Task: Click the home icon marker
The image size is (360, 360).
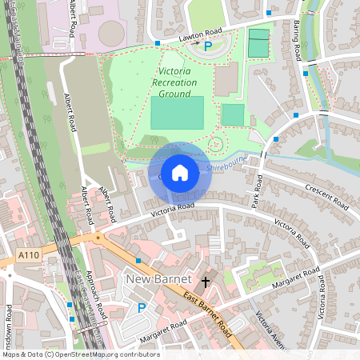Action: [180, 173]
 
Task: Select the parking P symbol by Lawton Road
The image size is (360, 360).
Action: [208, 47]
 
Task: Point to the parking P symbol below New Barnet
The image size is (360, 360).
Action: [142, 307]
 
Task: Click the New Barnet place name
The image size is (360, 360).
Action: [159, 279]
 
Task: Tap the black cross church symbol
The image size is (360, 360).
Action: [206, 282]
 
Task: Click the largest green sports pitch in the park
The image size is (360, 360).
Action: [177, 113]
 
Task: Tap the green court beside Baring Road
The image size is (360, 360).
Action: [258, 42]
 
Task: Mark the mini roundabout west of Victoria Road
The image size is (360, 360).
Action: [98, 237]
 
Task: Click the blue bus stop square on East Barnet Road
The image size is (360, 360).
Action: [138, 261]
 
